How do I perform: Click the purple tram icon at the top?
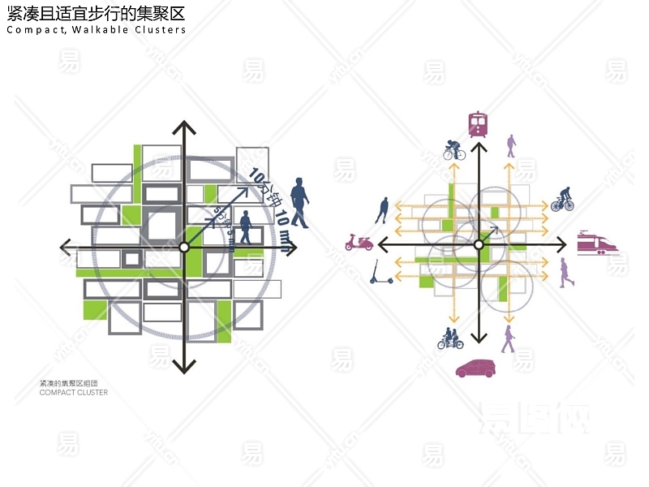pos(478,124)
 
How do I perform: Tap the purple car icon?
pos(477,368)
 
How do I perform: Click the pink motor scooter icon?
pos(359,242)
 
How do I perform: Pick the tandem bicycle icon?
pos(450,338)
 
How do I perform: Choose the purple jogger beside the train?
pos(566,273)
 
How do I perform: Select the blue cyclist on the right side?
pos(562,200)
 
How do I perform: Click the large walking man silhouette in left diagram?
pos(299,202)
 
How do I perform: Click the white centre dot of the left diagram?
pos(184,247)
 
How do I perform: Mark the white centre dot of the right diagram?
pos(479,243)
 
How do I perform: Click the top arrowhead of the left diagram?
pos(185,127)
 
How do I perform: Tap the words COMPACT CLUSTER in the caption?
pos(74,393)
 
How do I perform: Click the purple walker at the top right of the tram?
pos(511,146)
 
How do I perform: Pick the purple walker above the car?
pos(508,338)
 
